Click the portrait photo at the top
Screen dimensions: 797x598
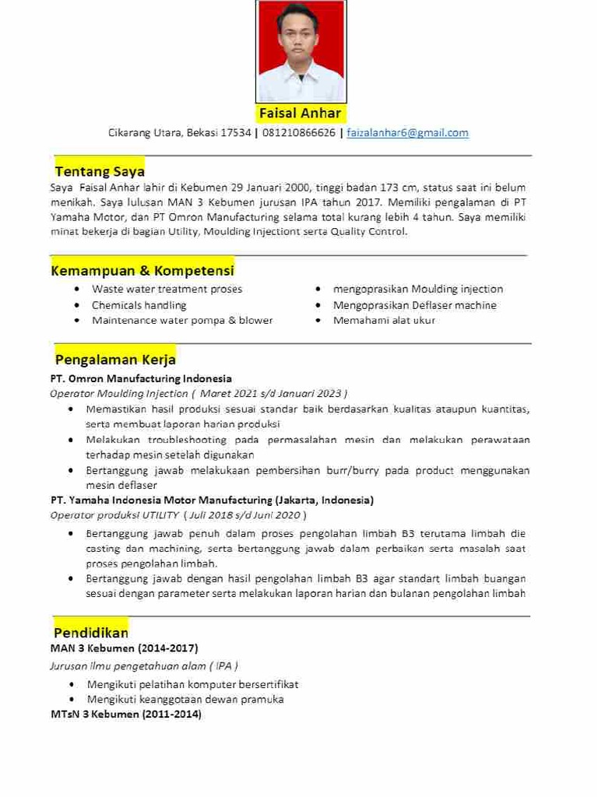(x=301, y=51)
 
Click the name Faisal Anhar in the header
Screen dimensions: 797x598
(x=300, y=114)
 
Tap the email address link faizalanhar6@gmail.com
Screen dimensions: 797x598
(x=407, y=133)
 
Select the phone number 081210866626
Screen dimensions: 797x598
(x=299, y=133)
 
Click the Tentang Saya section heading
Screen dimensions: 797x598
(x=100, y=171)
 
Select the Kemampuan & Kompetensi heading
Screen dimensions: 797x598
(x=142, y=271)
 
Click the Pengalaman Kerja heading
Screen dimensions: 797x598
(x=115, y=360)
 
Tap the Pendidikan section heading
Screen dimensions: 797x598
(x=91, y=633)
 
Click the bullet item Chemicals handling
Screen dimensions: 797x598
(x=139, y=305)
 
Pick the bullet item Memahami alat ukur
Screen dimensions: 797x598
(x=384, y=320)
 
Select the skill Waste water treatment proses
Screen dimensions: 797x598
(x=167, y=289)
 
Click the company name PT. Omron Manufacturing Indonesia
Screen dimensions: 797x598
(x=141, y=379)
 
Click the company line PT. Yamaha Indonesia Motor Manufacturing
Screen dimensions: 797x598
(x=212, y=500)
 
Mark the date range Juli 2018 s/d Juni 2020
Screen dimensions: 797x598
(x=244, y=515)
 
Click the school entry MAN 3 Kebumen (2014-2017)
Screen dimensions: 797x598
(x=124, y=648)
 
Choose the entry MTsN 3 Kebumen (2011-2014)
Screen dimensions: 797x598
(x=126, y=714)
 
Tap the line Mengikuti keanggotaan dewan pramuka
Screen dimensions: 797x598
(x=185, y=699)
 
